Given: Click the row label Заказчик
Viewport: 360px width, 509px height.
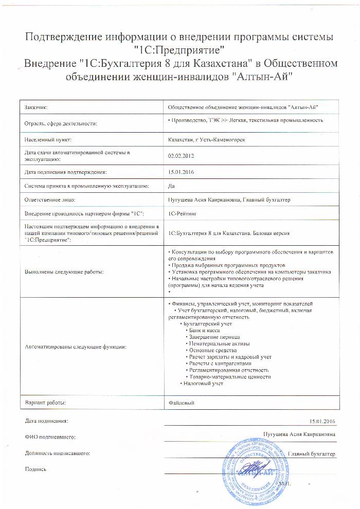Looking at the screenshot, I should point(36,107).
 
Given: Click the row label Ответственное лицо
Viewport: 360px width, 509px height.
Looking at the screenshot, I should point(50,198).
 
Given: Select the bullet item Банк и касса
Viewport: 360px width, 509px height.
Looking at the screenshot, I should point(205,330).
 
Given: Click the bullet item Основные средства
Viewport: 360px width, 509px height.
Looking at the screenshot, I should point(211,350).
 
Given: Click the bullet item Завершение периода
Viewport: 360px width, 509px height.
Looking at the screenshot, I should point(215,337).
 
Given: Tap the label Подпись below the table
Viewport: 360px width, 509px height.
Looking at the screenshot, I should point(35,469).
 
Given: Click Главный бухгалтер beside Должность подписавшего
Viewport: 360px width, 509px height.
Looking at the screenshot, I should point(312,453).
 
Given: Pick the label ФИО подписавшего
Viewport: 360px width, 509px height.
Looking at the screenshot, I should point(50,437).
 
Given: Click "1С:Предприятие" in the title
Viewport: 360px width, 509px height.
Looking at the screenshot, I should point(179,50).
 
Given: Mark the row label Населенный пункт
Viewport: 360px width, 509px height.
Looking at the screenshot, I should point(48,139).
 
